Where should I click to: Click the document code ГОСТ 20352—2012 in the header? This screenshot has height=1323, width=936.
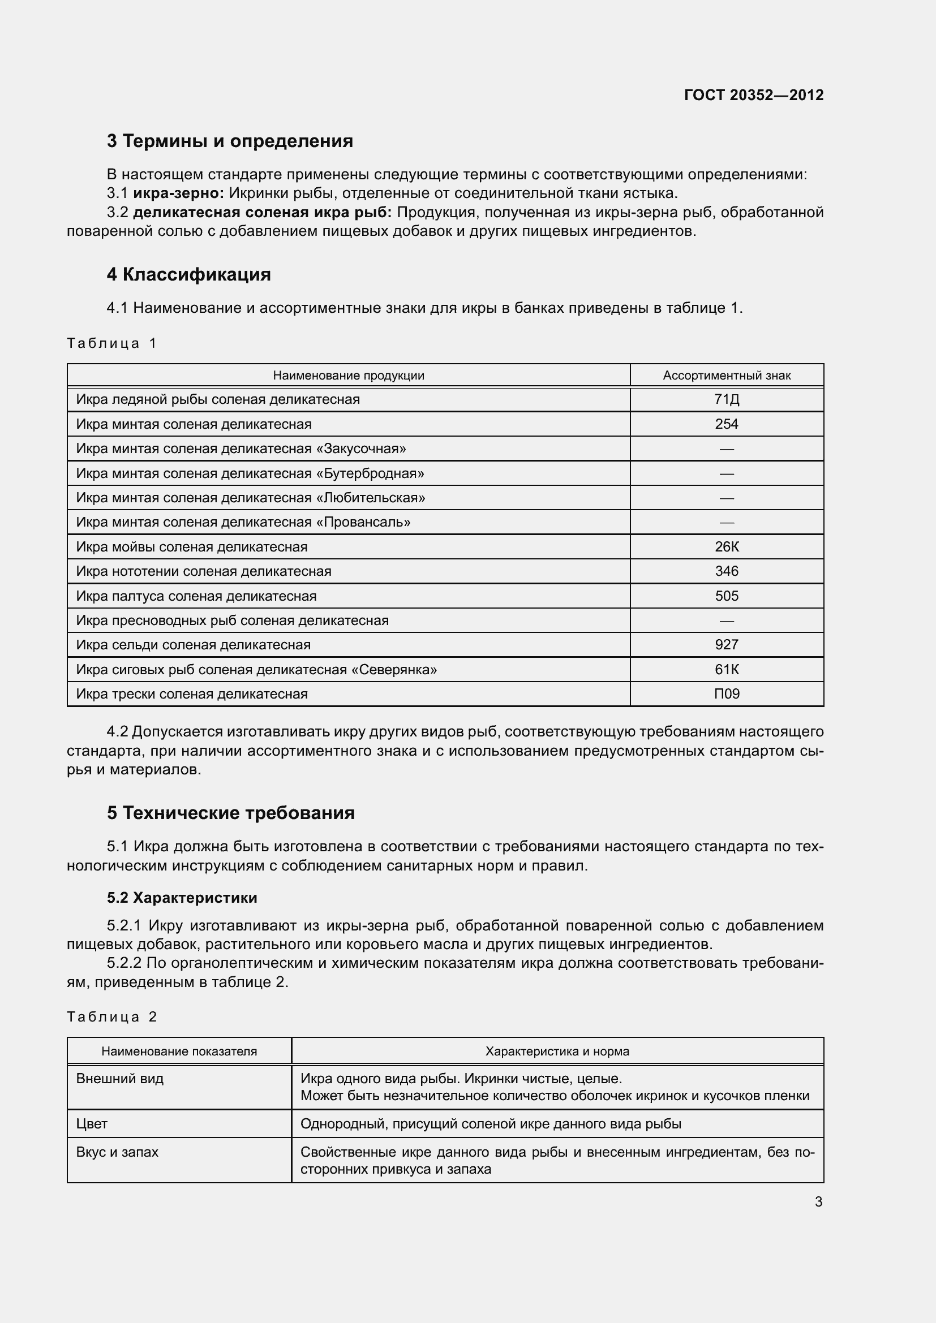[x=754, y=95]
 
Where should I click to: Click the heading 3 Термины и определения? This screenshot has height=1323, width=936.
[x=230, y=141]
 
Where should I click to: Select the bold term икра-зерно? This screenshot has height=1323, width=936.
[x=178, y=193]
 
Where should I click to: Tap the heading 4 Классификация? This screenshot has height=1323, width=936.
[x=188, y=274]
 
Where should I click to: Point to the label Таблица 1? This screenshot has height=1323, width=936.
[x=112, y=343]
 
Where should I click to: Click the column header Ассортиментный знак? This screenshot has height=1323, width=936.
[x=726, y=376]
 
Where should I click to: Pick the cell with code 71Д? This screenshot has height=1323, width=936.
[x=726, y=399]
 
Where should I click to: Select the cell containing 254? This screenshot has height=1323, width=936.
[x=726, y=424]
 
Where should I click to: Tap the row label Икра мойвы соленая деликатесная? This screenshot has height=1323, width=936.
[x=191, y=547]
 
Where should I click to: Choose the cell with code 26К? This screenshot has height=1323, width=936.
[x=726, y=547]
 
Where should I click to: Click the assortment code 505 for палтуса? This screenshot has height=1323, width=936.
[x=726, y=596]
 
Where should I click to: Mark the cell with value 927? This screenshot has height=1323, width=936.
[x=726, y=645]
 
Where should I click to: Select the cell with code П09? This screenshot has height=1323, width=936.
[x=726, y=694]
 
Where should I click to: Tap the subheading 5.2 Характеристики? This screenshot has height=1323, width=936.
[x=182, y=898]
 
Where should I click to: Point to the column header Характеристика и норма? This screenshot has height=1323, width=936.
[x=557, y=1051]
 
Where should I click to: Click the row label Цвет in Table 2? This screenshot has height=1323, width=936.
[x=92, y=1124]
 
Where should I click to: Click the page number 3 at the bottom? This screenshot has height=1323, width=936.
[x=818, y=1202]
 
